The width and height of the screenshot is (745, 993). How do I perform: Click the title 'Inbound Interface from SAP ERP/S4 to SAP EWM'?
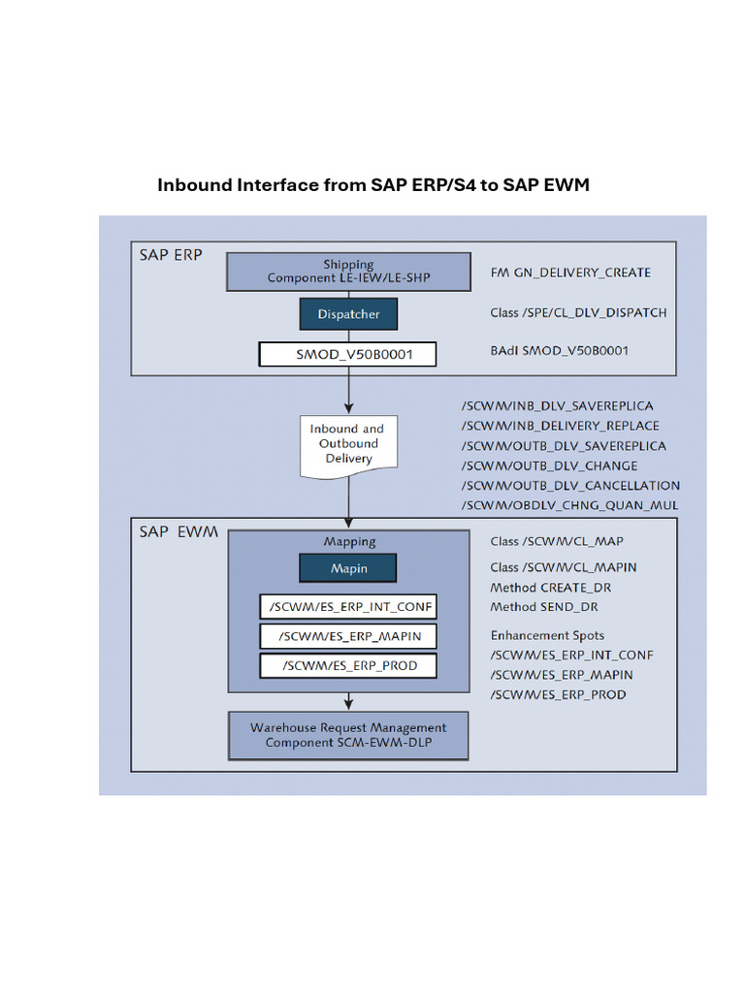[373, 184]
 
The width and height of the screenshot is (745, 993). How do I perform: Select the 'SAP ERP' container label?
[171, 255]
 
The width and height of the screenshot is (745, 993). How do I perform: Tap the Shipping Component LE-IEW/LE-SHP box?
[348, 272]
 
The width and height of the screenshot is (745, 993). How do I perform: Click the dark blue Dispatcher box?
[348, 314]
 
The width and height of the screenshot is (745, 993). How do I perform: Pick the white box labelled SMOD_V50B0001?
[348, 354]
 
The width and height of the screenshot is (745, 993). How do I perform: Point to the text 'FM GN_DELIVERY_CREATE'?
[570, 272]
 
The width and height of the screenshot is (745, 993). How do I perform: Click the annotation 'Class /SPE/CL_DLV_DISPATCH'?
[578, 313]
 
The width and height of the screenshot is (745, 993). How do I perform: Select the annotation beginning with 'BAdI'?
[559, 350]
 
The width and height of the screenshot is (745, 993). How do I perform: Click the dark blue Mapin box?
[348, 567]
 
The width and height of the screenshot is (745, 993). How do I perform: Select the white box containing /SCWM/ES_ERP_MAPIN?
[348, 636]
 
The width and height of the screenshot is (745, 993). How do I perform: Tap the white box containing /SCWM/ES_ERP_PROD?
[348, 666]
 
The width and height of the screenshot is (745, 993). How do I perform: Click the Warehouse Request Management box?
[348, 735]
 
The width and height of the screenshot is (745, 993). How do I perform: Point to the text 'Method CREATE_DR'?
[551, 588]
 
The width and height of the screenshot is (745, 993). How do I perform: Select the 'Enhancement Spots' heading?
[547, 635]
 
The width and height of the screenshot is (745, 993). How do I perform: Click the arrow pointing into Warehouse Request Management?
[348, 702]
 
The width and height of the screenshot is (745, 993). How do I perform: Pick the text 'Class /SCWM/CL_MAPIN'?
[564, 567]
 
